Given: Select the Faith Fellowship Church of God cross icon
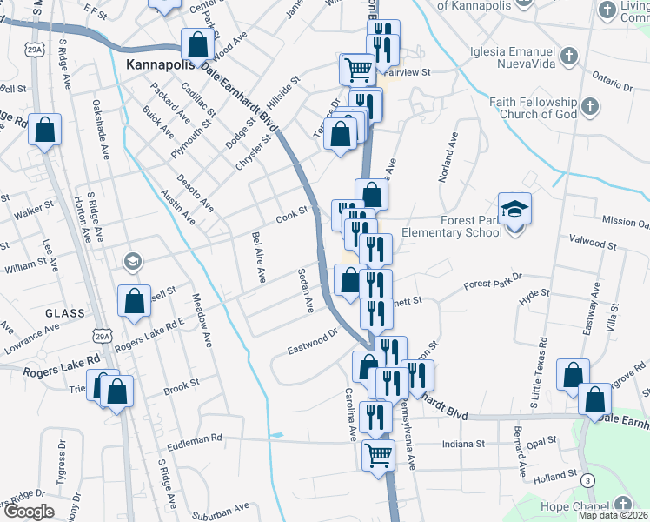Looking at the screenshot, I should [589, 107].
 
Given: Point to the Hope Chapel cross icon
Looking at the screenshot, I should [622, 505].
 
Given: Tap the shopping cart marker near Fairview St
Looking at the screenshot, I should [357, 68].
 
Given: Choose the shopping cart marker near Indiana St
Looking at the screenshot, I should [378, 454].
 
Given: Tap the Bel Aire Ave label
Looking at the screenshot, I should [258, 258].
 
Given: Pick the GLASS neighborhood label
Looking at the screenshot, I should [65, 313].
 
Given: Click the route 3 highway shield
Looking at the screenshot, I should [589, 480].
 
